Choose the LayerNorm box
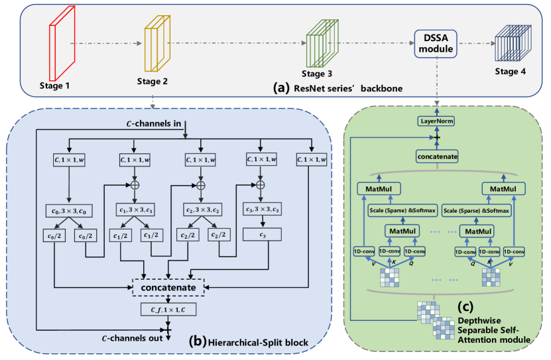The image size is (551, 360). coord(436,121)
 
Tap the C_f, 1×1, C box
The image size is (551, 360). coord(169,310)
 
